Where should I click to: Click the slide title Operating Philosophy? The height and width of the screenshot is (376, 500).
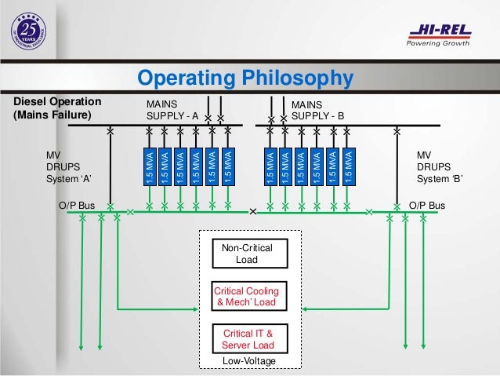tap(245, 78)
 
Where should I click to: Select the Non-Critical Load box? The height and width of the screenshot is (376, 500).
tap(247, 254)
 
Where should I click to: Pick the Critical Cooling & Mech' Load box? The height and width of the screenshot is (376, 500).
tap(247, 297)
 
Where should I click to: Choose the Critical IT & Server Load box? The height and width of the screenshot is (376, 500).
tap(247, 339)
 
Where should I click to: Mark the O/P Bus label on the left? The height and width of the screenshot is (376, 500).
tap(76, 206)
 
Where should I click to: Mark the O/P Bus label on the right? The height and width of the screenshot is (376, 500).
tap(427, 206)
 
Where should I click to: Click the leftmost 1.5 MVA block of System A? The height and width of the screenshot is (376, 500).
tap(149, 167)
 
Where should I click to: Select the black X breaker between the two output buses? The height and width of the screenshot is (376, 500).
tap(252, 212)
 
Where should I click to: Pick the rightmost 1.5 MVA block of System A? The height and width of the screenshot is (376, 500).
tap(227, 167)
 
